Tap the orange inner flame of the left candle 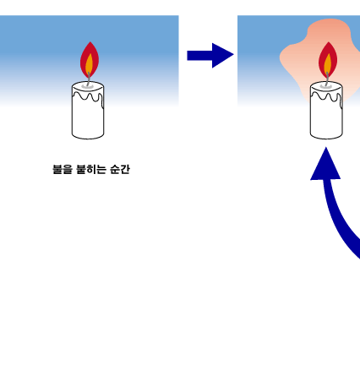click(90, 65)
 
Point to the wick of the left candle click(89, 79)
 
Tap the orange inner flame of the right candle click(328, 65)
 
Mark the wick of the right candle click(327, 79)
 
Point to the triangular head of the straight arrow click(221, 56)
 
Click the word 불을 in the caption click(63, 169)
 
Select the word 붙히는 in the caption click(91, 169)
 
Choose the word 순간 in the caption click(120, 169)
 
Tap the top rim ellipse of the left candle click(88, 86)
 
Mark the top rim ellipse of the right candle click(326, 86)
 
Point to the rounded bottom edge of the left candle click(88, 139)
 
